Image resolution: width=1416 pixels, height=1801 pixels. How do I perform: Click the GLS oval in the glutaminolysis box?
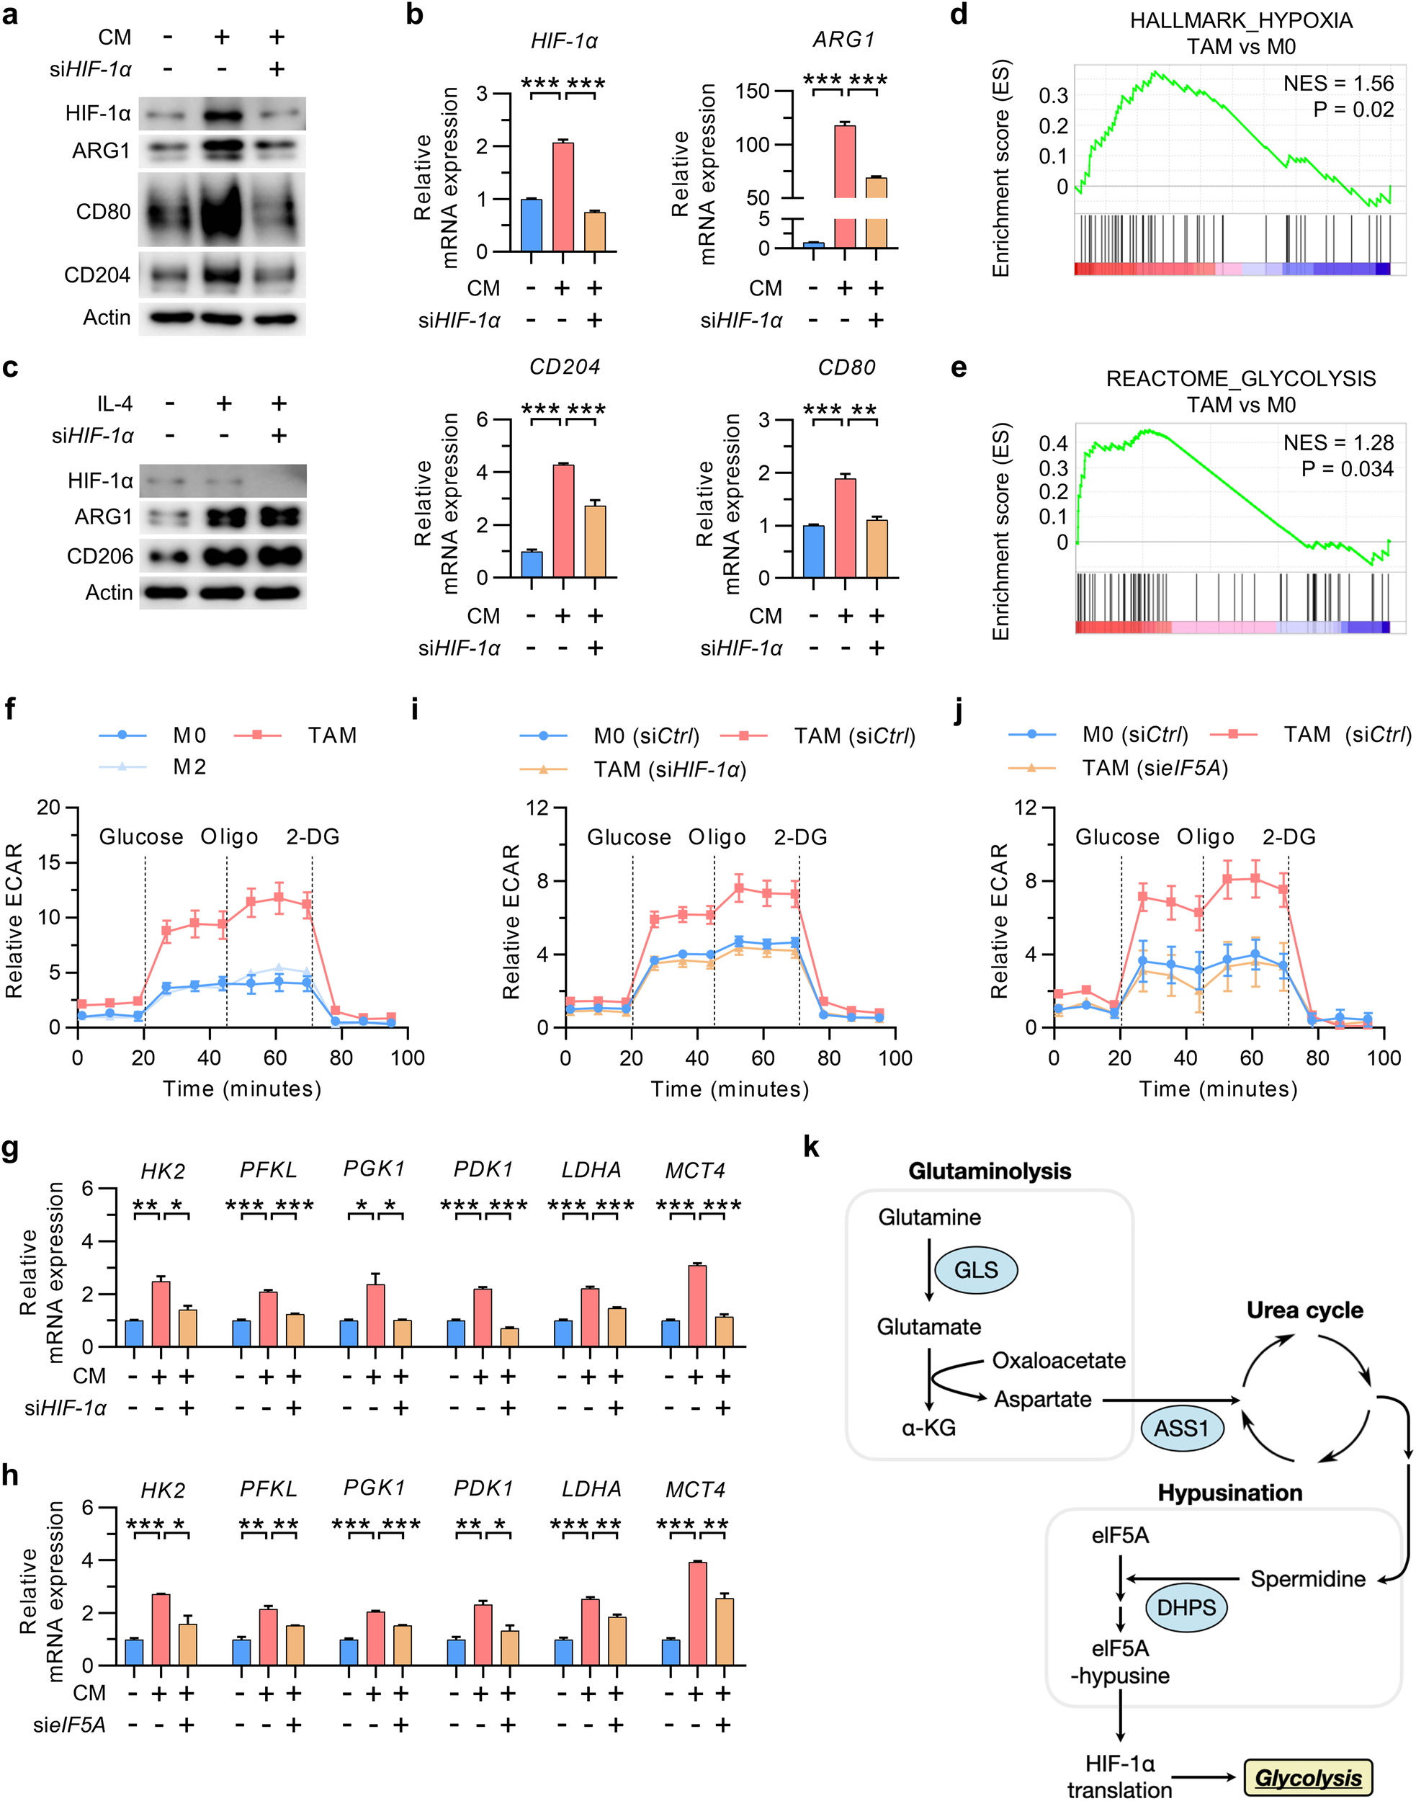tap(976, 1269)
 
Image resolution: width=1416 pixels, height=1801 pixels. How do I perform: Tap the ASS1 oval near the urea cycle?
tap(1181, 1428)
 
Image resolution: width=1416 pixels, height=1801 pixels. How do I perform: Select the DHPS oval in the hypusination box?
tap(1186, 1607)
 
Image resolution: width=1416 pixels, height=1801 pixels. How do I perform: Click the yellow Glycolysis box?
tap(1307, 1778)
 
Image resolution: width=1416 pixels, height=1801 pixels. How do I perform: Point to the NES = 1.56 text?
tap(1338, 83)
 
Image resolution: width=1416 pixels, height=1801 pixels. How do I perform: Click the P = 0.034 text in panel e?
tap(1347, 468)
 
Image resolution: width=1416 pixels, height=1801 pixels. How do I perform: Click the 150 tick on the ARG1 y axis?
tap(753, 91)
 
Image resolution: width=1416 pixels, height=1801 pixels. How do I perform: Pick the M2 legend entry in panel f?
tap(189, 767)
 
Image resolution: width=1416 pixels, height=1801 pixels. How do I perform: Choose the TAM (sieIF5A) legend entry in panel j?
tap(1154, 768)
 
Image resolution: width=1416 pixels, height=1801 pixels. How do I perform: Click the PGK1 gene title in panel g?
tap(374, 1168)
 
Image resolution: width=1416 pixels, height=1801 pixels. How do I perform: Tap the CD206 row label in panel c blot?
tap(99, 555)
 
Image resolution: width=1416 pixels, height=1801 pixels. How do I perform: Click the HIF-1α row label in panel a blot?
tap(98, 114)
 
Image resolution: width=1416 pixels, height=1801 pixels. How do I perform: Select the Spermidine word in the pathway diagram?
tap(1307, 1579)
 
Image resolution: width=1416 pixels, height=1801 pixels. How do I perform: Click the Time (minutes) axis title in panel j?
tap(1218, 1089)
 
